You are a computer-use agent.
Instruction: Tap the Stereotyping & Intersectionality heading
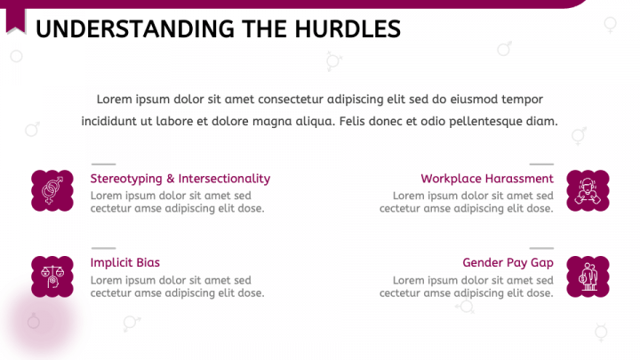point(180,179)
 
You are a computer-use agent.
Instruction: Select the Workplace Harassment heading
point(487,179)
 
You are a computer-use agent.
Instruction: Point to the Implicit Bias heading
point(125,262)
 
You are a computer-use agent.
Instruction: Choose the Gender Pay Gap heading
point(508,262)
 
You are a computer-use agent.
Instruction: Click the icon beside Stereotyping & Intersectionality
point(52,191)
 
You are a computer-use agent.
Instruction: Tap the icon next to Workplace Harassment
point(588,191)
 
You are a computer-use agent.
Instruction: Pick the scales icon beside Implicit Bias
point(52,276)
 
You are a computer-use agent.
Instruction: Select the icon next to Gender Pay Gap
point(588,276)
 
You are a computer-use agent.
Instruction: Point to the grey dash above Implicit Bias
point(103,248)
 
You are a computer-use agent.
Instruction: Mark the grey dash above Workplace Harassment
point(541,164)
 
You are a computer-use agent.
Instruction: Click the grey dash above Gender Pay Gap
point(541,248)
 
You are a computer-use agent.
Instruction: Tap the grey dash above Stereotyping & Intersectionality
point(103,164)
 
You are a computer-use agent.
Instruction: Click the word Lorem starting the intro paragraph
point(115,99)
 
